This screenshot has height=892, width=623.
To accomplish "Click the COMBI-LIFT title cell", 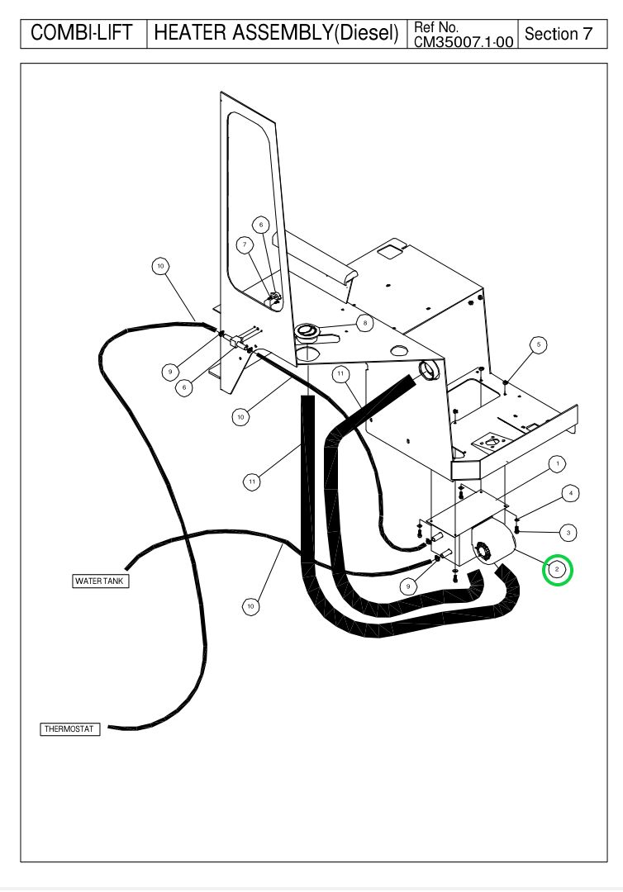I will coord(82,34).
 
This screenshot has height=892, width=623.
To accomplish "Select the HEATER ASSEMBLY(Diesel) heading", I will coord(277,34).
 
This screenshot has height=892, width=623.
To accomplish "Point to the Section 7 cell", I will coord(559,34).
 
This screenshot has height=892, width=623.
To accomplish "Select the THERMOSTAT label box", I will coord(70,729).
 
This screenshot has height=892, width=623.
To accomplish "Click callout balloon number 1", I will coord(558,463).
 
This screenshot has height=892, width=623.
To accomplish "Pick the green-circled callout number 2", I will coord(557,569).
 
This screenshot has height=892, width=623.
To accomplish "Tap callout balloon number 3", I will coord(570,532).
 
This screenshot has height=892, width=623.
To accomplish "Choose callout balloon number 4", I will coord(570,493).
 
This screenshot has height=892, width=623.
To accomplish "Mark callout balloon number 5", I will coord(538,343).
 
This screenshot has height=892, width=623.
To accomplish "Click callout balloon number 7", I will coord(244,244).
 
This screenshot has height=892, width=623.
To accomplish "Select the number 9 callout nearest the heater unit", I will coord(407,586).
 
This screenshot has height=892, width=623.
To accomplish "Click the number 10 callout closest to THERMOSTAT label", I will coord(250,607).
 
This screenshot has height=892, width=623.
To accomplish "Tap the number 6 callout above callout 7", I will coord(261,224).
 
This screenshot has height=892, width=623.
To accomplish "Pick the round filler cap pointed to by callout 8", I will coord(307,332).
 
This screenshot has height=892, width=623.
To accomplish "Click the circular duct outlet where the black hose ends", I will coord(430,371).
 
